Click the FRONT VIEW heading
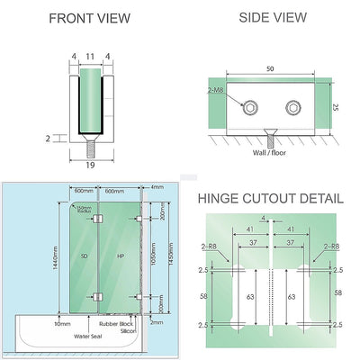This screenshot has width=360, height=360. [89, 18]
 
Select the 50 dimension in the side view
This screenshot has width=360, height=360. [269, 68]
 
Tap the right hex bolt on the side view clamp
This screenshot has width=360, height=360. [292, 109]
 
